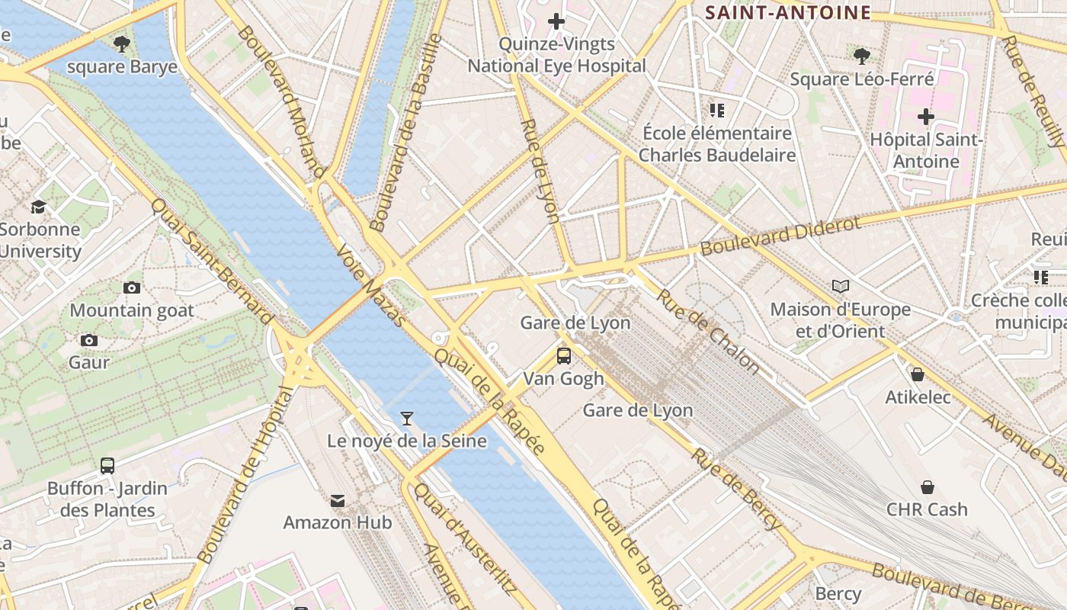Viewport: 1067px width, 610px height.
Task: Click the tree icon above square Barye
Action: [121, 43]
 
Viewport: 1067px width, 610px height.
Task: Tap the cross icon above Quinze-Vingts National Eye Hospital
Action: [556, 21]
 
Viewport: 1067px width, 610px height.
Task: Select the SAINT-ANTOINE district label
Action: [788, 12]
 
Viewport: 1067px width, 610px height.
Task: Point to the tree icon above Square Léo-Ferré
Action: [862, 56]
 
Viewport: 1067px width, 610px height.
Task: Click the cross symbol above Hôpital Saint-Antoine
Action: [926, 117]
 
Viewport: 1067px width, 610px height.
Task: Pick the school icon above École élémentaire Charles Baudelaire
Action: [716, 111]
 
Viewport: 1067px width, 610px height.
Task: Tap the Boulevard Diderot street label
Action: [780, 236]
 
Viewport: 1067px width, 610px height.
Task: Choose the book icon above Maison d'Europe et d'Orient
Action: [841, 286]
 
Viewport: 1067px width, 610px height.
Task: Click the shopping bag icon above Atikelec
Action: [918, 374]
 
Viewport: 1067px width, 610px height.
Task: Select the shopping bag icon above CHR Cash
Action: [928, 486]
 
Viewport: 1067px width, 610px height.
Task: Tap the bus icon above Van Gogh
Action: [564, 355]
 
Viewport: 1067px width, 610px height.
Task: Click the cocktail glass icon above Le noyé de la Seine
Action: [407, 418]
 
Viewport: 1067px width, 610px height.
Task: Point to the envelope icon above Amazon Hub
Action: [338, 500]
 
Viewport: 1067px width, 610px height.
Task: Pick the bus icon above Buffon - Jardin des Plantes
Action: [107, 465]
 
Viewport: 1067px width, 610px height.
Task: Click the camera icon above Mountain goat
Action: [132, 287]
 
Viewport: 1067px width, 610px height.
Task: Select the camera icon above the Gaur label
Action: [89, 340]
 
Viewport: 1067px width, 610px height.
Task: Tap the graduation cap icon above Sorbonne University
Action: [38, 207]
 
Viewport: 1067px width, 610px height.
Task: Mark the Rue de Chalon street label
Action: [708, 332]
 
